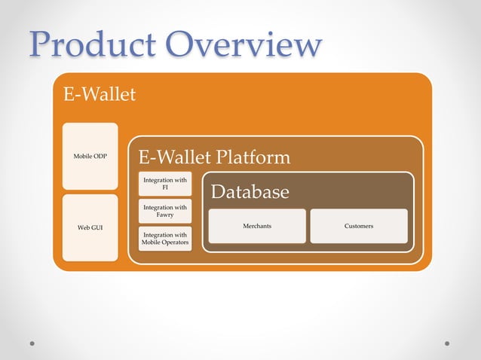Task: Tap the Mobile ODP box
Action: coord(90,156)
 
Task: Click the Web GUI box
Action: coord(90,227)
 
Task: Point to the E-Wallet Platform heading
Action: coord(213,157)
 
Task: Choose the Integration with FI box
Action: coord(165,185)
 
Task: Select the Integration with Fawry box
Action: coord(165,211)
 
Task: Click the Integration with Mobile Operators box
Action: coord(165,238)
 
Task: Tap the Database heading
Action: coord(250,192)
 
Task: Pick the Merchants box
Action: coord(257,226)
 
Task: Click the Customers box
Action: coord(359,226)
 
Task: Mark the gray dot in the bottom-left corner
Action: coord(32,343)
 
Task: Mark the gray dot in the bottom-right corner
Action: coord(447,343)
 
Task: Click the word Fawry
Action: coord(165,215)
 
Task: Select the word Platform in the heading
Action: coord(253,157)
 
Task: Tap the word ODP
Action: coord(100,156)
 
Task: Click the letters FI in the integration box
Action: coord(165,188)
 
